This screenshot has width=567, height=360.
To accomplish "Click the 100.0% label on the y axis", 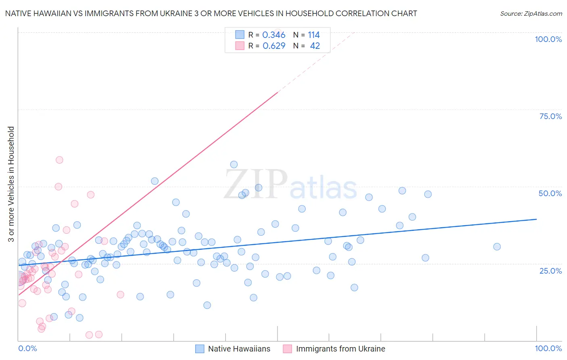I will [548, 39].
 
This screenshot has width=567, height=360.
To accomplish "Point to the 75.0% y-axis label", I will [550, 116].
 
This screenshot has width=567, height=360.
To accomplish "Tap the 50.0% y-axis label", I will [550, 193].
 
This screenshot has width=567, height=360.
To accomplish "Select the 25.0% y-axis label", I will [550, 270].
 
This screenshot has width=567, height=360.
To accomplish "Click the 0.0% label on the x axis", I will [27, 348].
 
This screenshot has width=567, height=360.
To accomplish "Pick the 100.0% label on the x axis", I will [548, 348].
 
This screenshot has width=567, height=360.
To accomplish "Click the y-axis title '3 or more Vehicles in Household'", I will [11, 184].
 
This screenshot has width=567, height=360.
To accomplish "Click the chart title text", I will [211, 13].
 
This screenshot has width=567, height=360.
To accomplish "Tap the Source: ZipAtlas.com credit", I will [531, 13].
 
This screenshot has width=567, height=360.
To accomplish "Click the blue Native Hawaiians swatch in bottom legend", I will [200, 349].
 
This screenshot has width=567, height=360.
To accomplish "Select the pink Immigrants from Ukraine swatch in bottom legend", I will [287, 349].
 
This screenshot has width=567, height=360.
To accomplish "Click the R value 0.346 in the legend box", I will [274, 35].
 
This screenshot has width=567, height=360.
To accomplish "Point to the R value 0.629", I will [274, 46].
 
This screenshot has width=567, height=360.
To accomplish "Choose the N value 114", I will [314, 35].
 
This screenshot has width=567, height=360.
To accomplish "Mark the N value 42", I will [315, 46].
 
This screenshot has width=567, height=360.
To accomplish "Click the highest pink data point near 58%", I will [59, 160].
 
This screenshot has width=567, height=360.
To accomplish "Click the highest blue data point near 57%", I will [234, 164].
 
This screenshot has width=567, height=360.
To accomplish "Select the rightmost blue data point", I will [497, 247].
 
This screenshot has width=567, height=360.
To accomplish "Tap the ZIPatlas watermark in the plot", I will [290, 184].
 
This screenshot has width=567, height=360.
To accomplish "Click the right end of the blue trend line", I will [536, 219].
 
